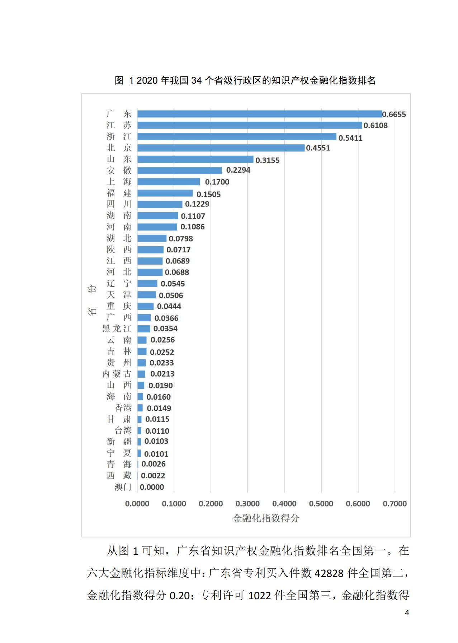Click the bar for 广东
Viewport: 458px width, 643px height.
(260, 114)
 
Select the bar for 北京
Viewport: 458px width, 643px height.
(221, 148)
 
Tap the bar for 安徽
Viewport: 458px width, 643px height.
(180, 171)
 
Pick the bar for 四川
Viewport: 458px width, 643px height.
(160, 204)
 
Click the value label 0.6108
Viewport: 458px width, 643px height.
(376, 125)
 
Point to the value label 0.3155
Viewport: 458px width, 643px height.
(267, 160)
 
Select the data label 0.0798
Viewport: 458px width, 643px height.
(181, 239)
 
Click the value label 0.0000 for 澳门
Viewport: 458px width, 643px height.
(152, 487)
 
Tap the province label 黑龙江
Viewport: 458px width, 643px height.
(117, 329)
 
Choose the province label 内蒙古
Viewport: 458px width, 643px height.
(117, 374)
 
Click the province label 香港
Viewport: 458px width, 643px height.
(123, 408)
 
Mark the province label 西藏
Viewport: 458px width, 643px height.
(119, 476)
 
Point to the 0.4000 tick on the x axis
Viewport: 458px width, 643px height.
(284, 504)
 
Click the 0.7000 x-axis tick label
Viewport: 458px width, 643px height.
(395, 504)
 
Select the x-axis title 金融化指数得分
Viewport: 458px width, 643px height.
(266, 518)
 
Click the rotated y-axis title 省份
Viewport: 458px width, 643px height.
(92, 300)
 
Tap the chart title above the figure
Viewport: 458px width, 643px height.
(245, 80)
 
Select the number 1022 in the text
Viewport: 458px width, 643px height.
(260, 596)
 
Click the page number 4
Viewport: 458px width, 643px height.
(407, 613)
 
